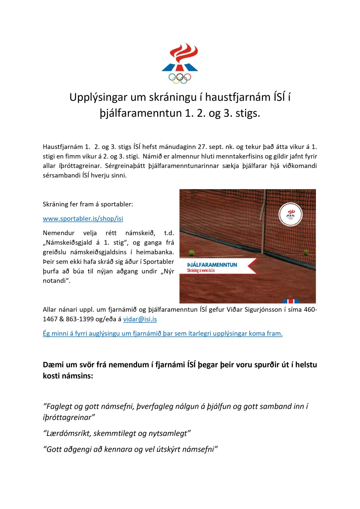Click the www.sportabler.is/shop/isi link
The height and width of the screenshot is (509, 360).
pyautogui.click(x=83, y=219)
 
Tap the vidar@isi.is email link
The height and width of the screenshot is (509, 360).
pyautogui.click(x=140, y=319)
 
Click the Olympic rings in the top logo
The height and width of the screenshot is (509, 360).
pyautogui.click(x=180, y=78)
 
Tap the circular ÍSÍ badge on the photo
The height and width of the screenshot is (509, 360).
pyautogui.click(x=290, y=214)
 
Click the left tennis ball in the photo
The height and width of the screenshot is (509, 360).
pyautogui.click(x=192, y=253)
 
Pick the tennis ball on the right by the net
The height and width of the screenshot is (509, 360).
pyautogui.click(x=306, y=252)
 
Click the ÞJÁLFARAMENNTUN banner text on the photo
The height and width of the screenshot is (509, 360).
pyautogui.click(x=212, y=265)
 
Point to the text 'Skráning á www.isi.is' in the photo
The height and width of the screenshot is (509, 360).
pyautogui.click(x=201, y=270)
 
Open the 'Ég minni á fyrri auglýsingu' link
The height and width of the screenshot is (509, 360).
pyautogui.click(x=162, y=334)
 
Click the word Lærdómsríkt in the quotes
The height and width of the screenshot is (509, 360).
pyautogui.click(x=68, y=433)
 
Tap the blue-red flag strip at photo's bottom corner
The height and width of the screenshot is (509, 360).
pyautogui.click(x=291, y=301)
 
